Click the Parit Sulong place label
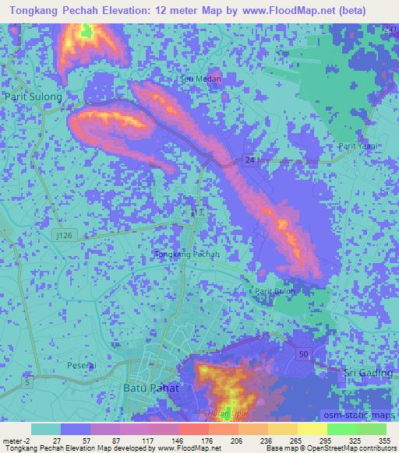click(x=33, y=97)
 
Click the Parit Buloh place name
click(x=274, y=291)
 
